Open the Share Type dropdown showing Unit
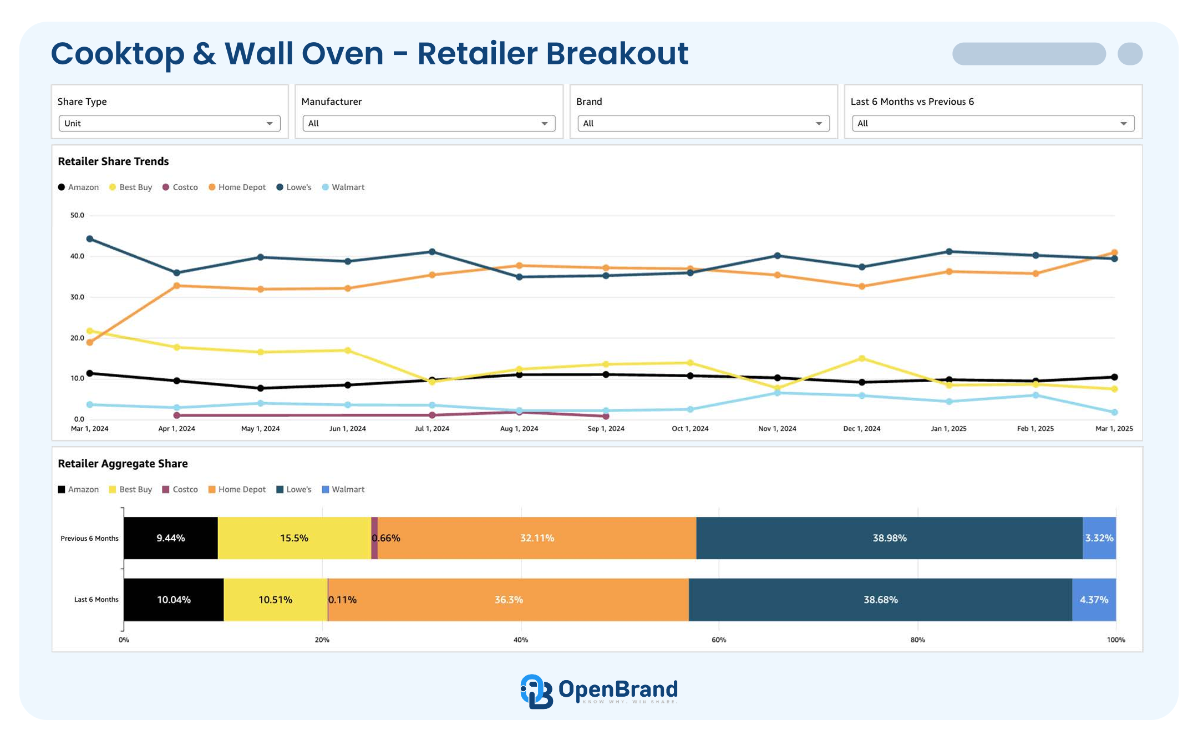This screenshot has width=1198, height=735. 169,123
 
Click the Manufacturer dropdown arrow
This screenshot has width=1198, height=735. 544,123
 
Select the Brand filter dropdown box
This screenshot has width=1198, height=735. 703,123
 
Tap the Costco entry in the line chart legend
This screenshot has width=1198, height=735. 180,187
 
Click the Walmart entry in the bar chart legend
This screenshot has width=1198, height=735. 343,489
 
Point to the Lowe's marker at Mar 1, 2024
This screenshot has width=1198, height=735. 90,239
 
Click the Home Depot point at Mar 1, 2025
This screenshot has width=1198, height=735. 1114,253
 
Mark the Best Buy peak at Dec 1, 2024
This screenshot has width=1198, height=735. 862,358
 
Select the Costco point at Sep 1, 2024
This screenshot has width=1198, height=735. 606,416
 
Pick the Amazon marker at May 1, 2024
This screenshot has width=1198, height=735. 261,388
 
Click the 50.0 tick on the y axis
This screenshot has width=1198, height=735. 77,215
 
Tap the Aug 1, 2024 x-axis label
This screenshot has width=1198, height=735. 519,429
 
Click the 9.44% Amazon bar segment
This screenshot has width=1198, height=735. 171,538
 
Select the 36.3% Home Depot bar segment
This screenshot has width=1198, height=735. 508,600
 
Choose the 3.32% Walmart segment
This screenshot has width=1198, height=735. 1099,538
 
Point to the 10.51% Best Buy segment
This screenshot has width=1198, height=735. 275,600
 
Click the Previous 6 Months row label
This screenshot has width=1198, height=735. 89,539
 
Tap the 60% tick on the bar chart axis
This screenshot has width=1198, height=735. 719,640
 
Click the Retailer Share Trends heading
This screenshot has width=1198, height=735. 113,161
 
